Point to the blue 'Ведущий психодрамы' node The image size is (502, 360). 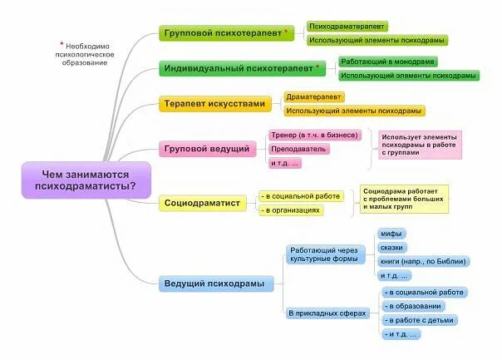[x=215, y=284]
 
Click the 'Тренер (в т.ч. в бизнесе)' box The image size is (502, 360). [x=314, y=135]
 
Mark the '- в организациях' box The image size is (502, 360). [x=291, y=210]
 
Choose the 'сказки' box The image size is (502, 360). [x=393, y=248]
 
